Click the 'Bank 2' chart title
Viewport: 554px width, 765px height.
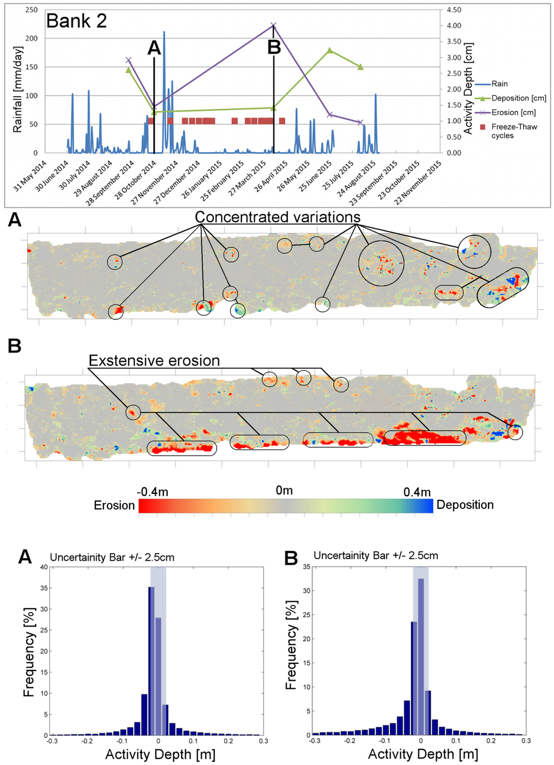[x=76, y=21]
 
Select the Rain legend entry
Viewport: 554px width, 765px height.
[x=499, y=84]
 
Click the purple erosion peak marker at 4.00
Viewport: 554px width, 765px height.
[x=274, y=25]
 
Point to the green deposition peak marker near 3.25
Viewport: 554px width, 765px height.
[x=330, y=50]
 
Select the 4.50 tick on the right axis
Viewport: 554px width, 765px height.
[x=453, y=10]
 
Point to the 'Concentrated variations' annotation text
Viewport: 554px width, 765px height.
[x=278, y=217]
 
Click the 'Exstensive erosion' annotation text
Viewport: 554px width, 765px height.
[x=154, y=361]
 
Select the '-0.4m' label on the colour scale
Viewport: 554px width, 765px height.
[x=152, y=491]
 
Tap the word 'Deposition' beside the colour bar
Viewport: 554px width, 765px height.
[x=465, y=505]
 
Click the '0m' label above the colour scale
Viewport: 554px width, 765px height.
[x=284, y=490]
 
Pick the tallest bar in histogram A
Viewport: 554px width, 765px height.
[x=151, y=661]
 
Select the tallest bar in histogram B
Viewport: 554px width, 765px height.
[x=421, y=656]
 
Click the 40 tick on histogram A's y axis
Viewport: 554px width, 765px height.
[x=44, y=567]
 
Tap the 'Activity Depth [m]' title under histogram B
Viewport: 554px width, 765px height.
[x=423, y=754]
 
